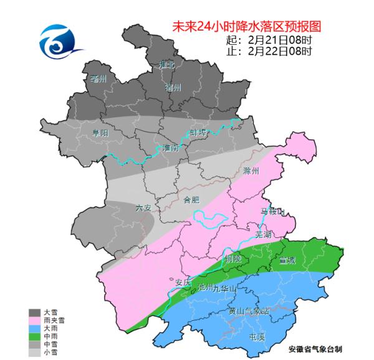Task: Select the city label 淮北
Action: coord(168,65)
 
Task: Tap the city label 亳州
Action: coord(98,78)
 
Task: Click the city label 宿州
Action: coord(173,88)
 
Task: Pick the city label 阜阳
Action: coord(100,133)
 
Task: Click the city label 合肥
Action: coord(191,201)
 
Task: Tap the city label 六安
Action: coord(143,207)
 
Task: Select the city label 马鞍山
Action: coord(272,212)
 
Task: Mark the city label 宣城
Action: coord(288,258)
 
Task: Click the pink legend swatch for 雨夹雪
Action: coord(35,320)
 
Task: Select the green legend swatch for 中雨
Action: coord(35,336)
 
